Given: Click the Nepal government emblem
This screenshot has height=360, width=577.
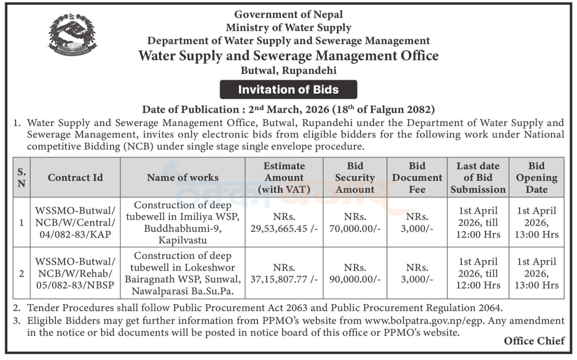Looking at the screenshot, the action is [72, 35].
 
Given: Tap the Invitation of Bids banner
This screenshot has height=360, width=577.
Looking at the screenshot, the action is [288, 90].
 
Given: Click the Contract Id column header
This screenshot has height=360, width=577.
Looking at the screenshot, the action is [75, 177].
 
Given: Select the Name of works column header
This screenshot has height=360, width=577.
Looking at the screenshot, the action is [182, 177].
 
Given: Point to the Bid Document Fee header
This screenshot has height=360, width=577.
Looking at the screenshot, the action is [417, 177].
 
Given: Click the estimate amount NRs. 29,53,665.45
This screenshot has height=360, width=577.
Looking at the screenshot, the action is [284, 222].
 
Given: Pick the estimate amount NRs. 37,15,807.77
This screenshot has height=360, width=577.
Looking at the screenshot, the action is [284, 273].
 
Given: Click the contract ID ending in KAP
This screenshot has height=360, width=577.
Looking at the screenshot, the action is [75, 222].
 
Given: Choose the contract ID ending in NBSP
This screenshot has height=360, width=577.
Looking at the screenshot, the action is [75, 273].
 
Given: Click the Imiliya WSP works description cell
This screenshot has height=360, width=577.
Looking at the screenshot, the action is [182, 222].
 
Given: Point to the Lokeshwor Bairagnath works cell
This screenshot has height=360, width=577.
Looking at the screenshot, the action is [182, 273].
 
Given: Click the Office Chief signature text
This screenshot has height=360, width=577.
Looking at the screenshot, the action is [534, 341].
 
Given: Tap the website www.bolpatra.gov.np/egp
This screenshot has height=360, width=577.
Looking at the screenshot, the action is [425, 320].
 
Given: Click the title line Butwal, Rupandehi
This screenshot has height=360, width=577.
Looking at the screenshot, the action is [289, 70].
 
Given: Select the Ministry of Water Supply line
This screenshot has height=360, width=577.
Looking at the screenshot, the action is [289, 28].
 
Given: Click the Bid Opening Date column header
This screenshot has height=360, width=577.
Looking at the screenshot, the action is [536, 177].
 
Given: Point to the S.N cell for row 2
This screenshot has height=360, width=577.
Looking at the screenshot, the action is [21, 273].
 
